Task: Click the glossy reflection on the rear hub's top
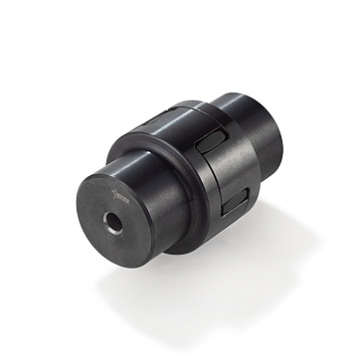pos(239,99)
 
